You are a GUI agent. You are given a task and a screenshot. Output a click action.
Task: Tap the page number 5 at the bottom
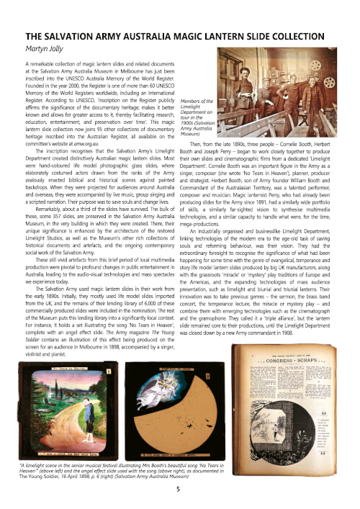coord(178,487)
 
